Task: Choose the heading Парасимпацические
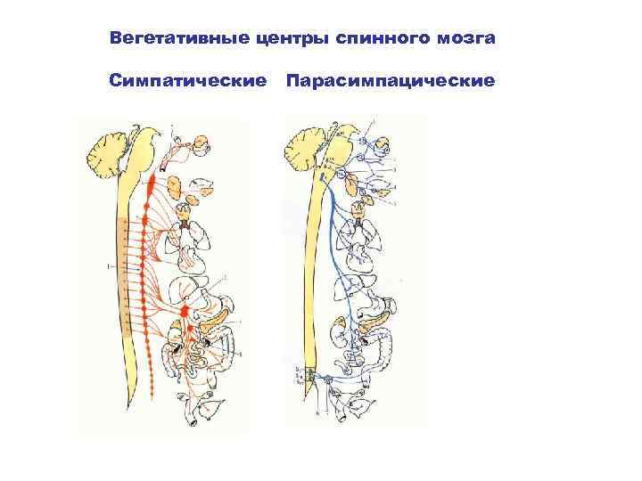click(x=391, y=82)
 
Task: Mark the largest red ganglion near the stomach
click(x=185, y=312)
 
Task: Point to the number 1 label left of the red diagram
click(x=107, y=265)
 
